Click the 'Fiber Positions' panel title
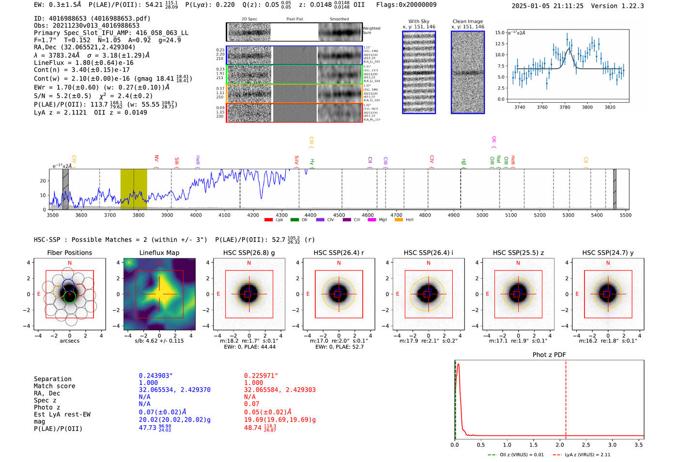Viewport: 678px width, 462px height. [x=69, y=253]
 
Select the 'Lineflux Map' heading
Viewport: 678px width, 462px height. [x=159, y=253]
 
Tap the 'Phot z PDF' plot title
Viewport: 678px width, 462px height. [x=549, y=355]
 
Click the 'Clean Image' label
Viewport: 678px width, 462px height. [x=467, y=21]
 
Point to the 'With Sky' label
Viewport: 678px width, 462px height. [x=418, y=21]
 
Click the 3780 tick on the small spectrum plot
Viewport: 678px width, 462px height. [x=565, y=107]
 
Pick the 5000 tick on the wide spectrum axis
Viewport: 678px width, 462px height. [x=482, y=215]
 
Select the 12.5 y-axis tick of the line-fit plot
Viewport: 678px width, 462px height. [x=499, y=44]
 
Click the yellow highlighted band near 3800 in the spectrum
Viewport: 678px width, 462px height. [x=134, y=189]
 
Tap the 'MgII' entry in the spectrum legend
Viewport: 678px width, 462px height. [x=383, y=220]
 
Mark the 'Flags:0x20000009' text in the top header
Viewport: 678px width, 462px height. [x=406, y=5]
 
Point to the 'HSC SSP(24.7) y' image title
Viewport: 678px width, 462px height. [x=607, y=253]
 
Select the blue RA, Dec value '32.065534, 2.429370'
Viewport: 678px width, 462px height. [x=174, y=390]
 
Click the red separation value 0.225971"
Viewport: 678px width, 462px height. [x=262, y=376]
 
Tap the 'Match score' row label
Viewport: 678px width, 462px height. [x=54, y=386]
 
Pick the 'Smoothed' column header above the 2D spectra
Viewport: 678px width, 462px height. [x=339, y=19]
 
